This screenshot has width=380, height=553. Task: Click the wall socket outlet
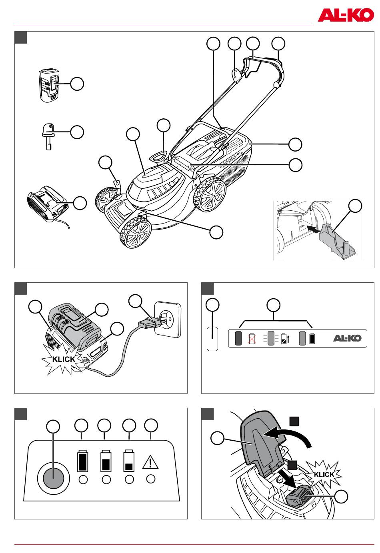pyautogui.click(x=168, y=319)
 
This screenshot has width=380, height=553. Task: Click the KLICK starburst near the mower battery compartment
pyautogui.click(x=324, y=475)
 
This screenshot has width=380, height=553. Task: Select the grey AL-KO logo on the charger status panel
pyautogui.click(x=347, y=338)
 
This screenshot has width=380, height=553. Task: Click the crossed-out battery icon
pyautogui.click(x=252, y=339)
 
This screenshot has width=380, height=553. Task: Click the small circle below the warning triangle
pyautogui.click(x=150, y=479)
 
